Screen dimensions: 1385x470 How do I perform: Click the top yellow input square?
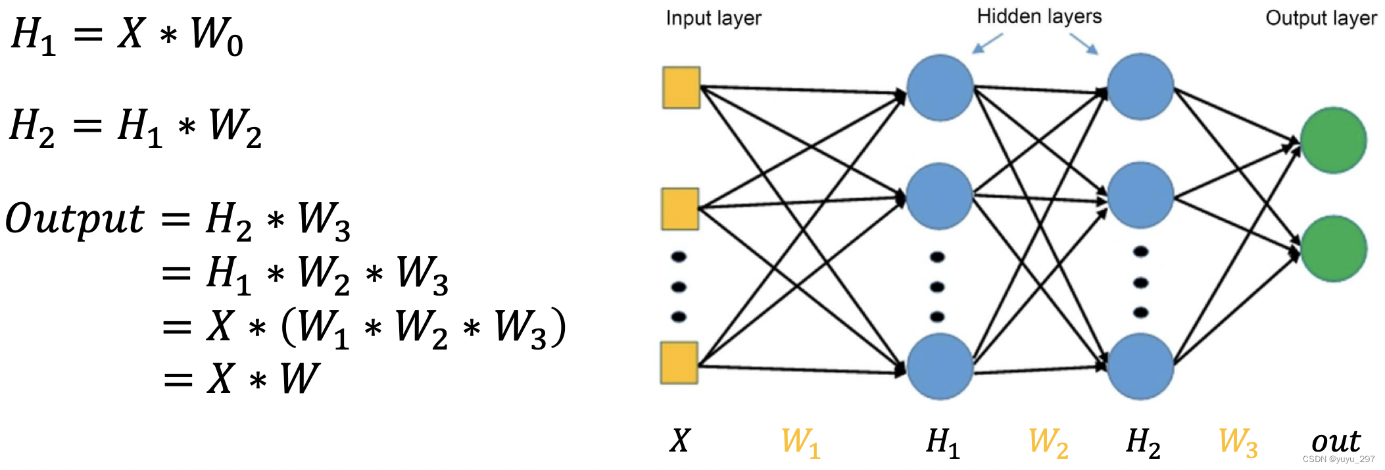[681, 87]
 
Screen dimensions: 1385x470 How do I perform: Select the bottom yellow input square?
[679, 363]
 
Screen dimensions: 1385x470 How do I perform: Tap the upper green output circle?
[1333, 140]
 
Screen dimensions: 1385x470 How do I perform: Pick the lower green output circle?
[1333, 249]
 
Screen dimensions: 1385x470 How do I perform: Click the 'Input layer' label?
[714, 18]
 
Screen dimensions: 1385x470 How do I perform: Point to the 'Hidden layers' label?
[1039, 16]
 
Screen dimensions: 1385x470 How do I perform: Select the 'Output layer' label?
[1321, 18]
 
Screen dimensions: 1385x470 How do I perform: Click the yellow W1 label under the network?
[800, 442]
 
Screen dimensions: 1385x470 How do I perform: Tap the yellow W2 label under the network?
[1048, 442]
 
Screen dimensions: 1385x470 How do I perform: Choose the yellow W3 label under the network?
[1238, 442]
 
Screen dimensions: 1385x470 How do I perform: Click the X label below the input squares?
[680, 440]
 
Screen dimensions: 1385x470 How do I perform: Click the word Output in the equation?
[74, 219]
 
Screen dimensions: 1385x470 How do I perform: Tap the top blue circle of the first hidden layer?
[940, 88]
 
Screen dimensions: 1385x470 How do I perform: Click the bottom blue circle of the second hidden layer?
[1140, 366]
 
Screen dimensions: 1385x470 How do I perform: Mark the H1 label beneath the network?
[943, 442]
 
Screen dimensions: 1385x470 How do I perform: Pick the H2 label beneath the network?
[1143, 442]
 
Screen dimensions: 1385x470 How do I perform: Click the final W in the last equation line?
[300, 379]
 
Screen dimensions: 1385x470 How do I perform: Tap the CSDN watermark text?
[1338, 459]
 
